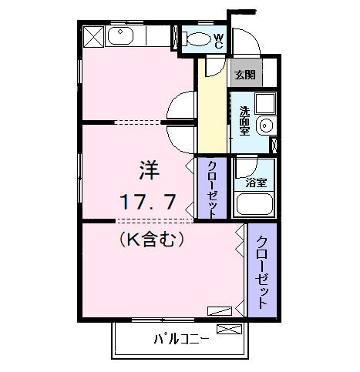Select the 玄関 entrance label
[x=245, y=75]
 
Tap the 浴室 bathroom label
[x=256, y=183]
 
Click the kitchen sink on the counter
[x=122, y=35]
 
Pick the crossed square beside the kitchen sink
[x=93, y=36]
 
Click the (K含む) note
[x=152, y=240]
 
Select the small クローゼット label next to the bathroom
[x=211, y=189]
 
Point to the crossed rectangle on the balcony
[x=230, y=330]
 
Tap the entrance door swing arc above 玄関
[x=245, y=42]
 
